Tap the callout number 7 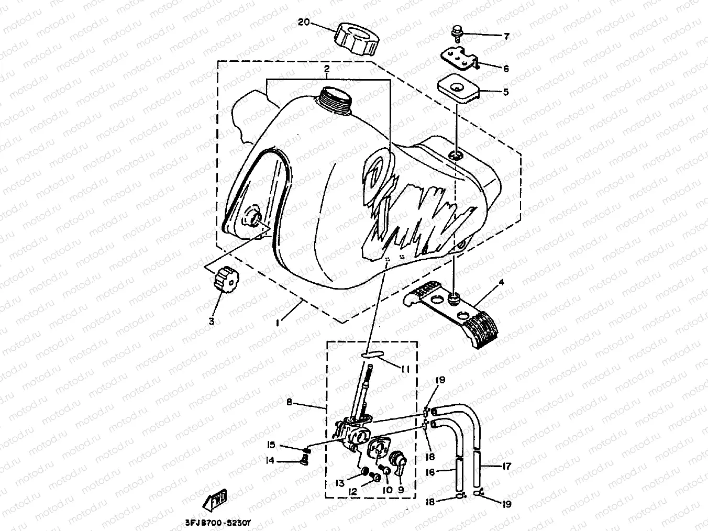tap(506, 37)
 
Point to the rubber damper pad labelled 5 tap(459, 90)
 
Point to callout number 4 tap(501, 283)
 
